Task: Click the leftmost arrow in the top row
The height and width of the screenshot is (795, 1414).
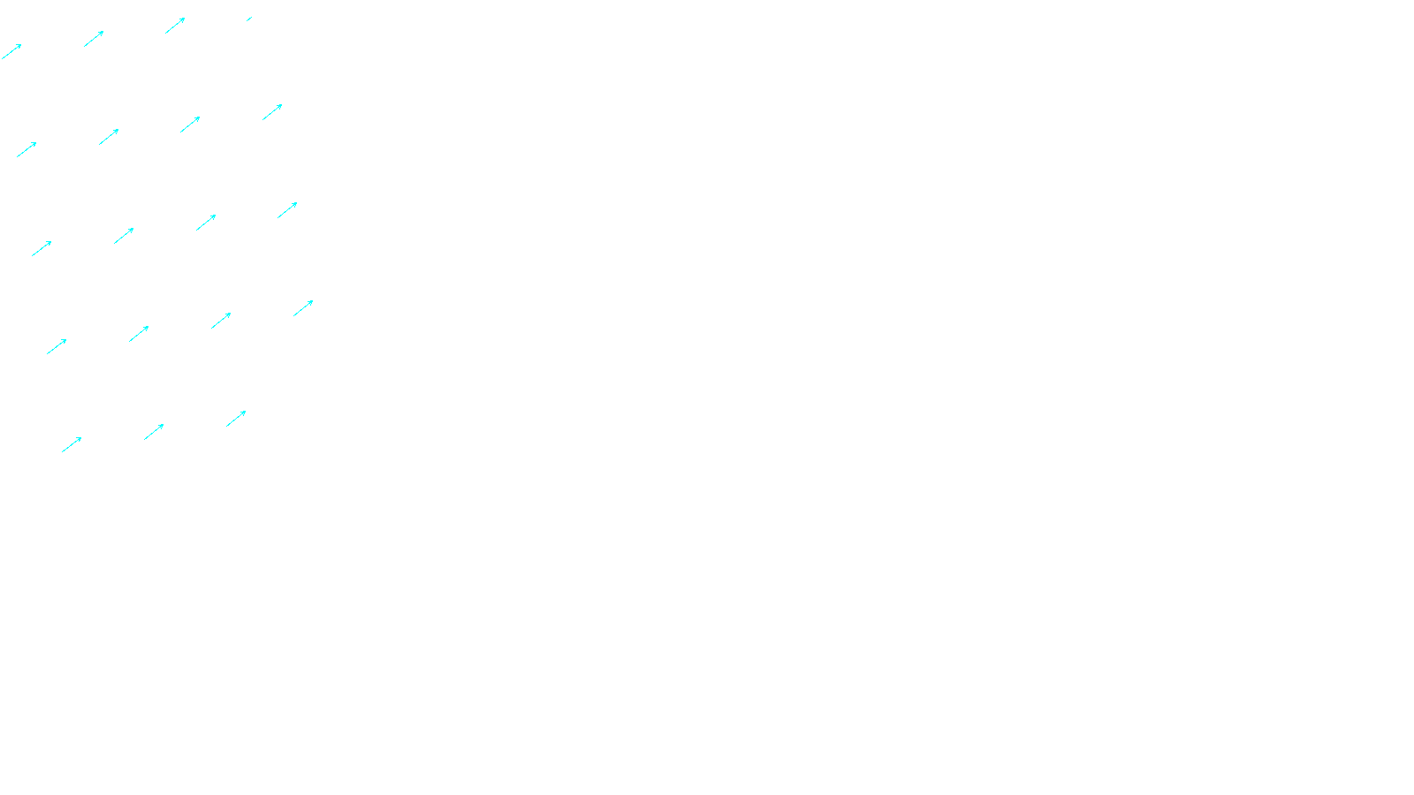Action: pos(11,51)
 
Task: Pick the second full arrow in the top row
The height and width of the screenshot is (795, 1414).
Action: pos(94,38)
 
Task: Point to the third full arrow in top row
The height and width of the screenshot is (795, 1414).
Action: pos(175,25)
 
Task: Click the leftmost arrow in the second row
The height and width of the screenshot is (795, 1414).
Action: pos(27,149)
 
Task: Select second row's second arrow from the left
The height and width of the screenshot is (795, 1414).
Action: pos(109,136)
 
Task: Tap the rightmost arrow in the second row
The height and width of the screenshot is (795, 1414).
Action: pos(272,111)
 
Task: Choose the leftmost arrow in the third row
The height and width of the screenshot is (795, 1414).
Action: pos(42,248)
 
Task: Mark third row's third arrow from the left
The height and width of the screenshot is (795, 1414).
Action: pos(206,222)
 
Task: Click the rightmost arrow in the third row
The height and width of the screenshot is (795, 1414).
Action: pos(287,209)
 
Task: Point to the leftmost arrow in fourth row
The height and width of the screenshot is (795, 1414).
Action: pos(57,346)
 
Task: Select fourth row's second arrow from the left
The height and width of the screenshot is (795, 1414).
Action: pos(139,333)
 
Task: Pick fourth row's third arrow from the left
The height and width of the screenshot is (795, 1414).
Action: pos(221,320)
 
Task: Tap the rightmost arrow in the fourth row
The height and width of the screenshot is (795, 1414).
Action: pos(303,307)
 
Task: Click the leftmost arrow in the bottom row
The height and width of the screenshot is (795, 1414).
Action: pos(72,444)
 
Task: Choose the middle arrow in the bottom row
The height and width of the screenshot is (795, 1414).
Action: pos(154,431)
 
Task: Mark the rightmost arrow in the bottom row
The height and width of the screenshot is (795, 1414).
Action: pos(236,418)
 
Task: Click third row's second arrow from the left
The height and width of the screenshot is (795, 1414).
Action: pos(124,235)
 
